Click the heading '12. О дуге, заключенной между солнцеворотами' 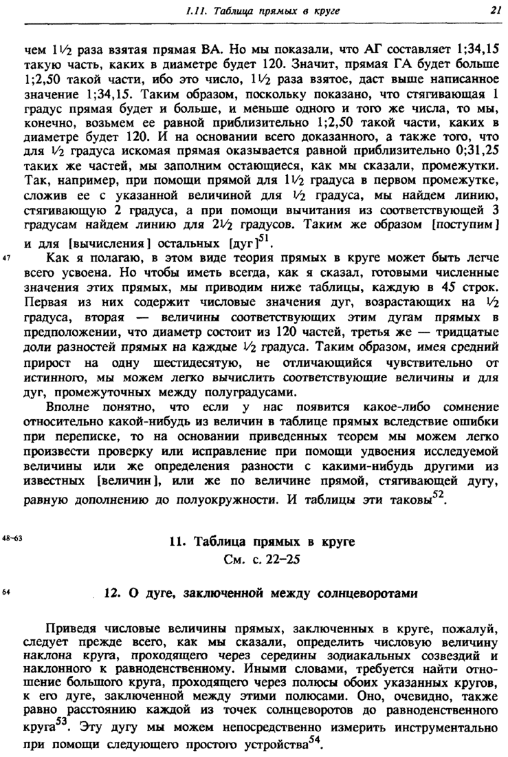coord(262,593)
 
